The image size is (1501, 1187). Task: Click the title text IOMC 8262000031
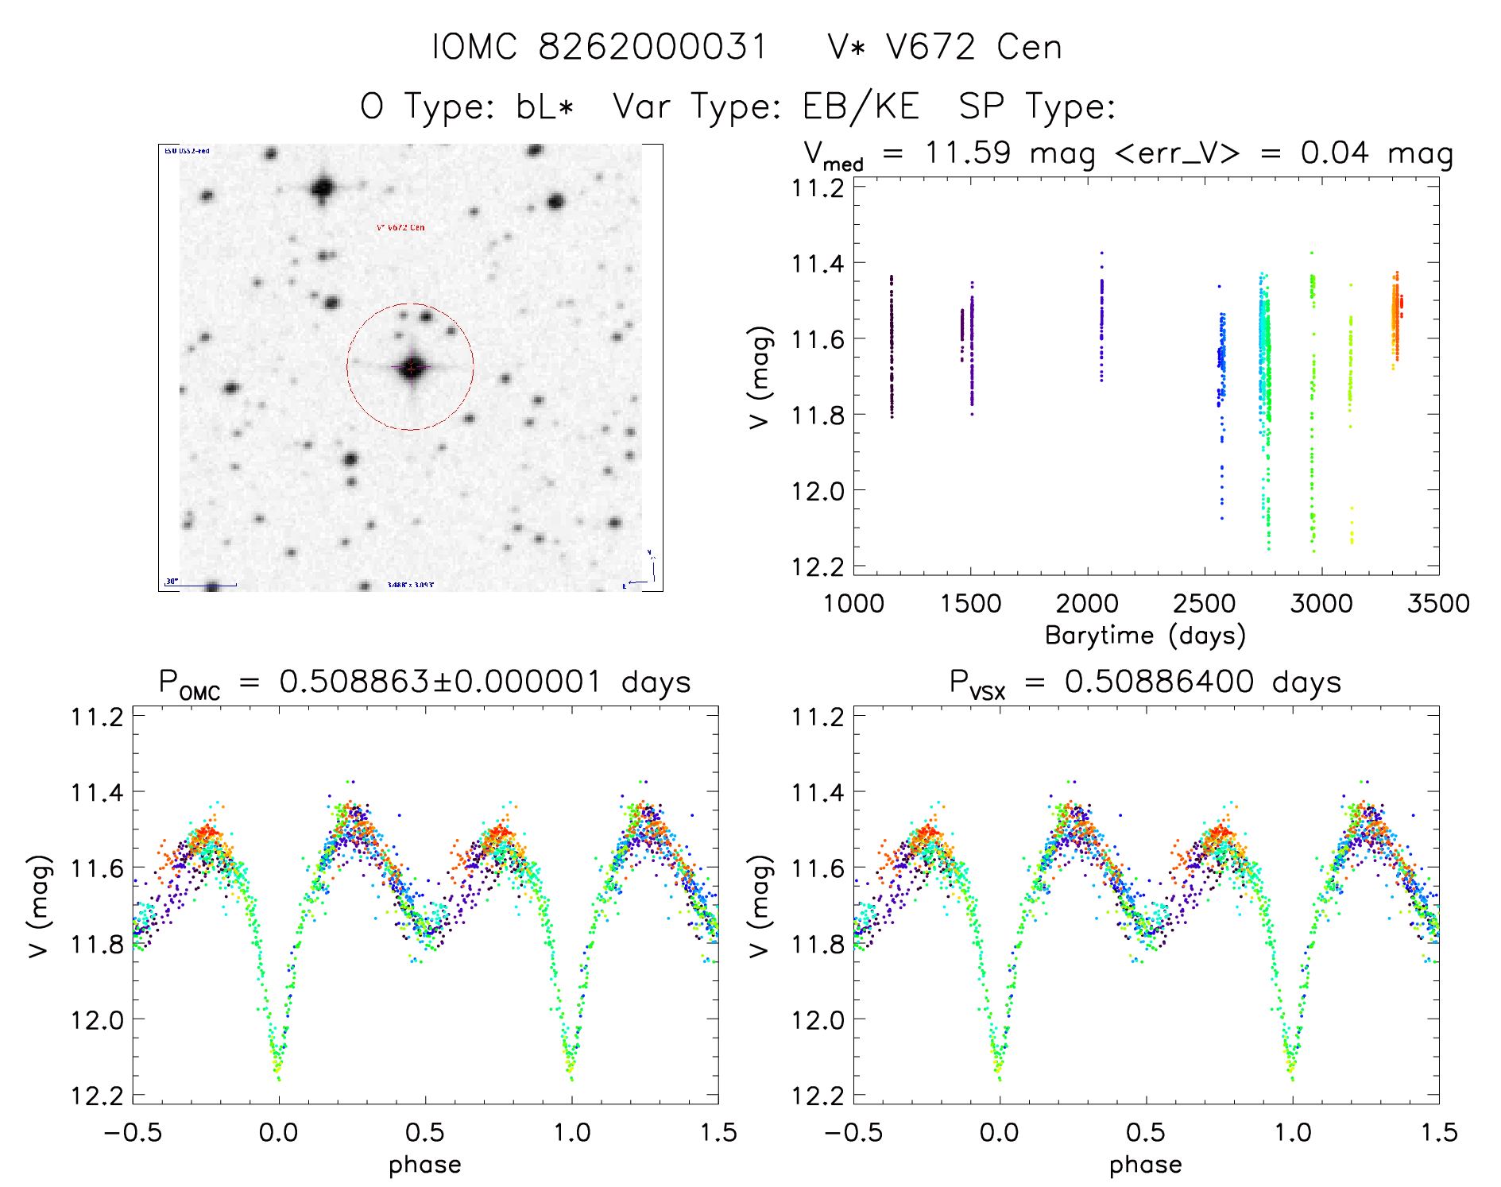pyautogui.click(x=600, y=48)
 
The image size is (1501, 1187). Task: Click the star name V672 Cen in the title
pyautogui.click(x=973, y=48)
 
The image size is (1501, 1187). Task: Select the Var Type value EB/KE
pyautogui.click(x=861, y=106)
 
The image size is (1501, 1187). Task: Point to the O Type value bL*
pyautogui.click(x=544, y=106)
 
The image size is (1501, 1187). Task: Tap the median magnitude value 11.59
pyautogui.click(x=968, y=153)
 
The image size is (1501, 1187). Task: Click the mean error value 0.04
pyautogui.click(x=1335, y=153)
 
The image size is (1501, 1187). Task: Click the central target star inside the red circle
pyautogui.click(x=411, y=368)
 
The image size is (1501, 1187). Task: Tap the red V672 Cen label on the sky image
pyautogui.click(x=400, y=227)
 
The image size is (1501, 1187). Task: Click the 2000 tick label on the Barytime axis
pyautogui.click(x=1087, y=604)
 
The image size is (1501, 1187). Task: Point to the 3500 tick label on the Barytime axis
pyautogui.click(x=1438, y=604)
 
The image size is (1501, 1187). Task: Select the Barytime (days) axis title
pyautogui.click(x=1145, y=636)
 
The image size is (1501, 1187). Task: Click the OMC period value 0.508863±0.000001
pyautogui.click(x=439, y=682)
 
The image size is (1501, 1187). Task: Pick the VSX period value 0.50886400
pyautogui.click(x=1159, y=682)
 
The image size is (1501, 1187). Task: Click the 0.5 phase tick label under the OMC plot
pyautogui.click(x=425, y=1133)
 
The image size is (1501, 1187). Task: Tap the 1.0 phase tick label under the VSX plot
pyautogui.click(x=1293, y=1133)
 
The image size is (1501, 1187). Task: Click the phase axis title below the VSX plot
pyautogui.click(x=1145, y=1166)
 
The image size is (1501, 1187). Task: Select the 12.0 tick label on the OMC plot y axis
pyautogui.click(x=97, y=1020)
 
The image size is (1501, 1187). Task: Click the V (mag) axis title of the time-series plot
pyautogui.click(x=760, y=377)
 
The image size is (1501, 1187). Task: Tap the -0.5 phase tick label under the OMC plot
pyautogui.click(x=133, y=1133)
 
